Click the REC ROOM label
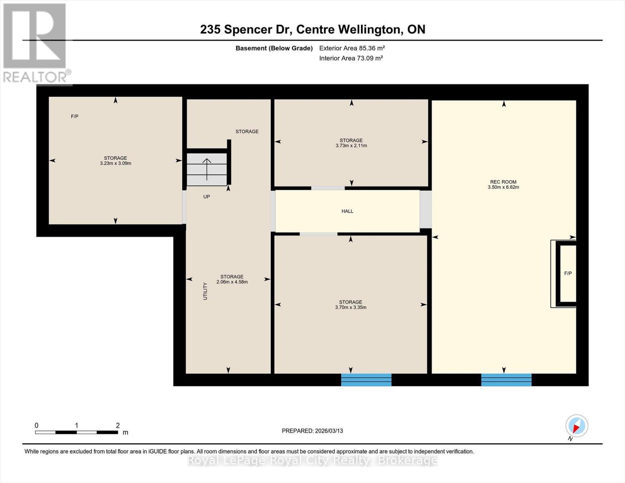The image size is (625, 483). pos(503,182)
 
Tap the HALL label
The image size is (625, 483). pos(347,211)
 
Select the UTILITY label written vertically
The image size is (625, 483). pos(205,291)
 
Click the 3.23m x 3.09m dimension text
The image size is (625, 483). pos(116,163)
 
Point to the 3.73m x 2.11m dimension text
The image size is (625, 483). pos(351,146)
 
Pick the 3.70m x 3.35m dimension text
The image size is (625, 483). pos(351,308)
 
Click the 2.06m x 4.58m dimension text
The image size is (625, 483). pos(232,282)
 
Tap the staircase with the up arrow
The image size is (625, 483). pos(206,169)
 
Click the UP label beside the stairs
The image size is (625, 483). pos(206,197)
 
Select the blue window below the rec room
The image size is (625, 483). pos(506,380)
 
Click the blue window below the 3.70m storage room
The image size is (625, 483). pos(366,380)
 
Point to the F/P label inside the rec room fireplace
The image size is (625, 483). pos(568,273)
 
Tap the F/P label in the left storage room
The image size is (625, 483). pos(74,116)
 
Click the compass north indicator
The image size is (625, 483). pos(576,426)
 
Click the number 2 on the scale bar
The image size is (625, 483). pos(118,425)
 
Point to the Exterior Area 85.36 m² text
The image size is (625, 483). pos(352,48)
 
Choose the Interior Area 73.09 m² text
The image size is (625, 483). pos(351,58)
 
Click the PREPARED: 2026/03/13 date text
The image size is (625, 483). pos(312,431)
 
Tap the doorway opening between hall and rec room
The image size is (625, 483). pos(425,209)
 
